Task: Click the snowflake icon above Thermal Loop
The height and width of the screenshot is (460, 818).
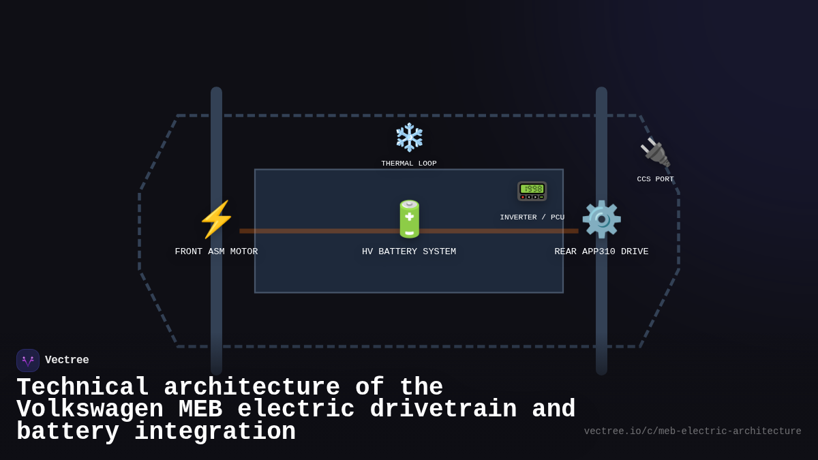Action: tap(409, 137)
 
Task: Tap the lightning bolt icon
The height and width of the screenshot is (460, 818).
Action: tap(216, 219)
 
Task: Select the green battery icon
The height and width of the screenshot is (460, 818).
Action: tap(409, 219)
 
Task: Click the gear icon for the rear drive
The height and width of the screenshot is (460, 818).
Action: tap(601, 219)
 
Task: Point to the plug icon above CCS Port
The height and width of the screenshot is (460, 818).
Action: tap(655, 153)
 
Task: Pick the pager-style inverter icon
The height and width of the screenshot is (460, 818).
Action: tap(532, 191)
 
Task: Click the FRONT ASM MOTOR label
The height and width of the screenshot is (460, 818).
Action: tap(216, 252)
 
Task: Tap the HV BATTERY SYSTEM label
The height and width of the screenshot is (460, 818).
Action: tap(409, 252)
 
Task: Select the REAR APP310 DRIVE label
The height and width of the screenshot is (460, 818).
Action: tap(601, 252)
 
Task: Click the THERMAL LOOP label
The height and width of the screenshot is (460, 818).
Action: tap(409, 164)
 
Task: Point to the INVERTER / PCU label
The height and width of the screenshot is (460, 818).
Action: tap(532, 217)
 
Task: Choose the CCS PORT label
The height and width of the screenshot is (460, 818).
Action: tap(655, 179)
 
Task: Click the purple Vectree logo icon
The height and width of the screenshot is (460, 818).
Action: tap(28, 361)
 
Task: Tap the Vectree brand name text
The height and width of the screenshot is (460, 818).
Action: tap(67, 361)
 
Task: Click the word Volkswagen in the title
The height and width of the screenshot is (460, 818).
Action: tap(90, 410)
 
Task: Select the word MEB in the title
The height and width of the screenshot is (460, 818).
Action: tap(200, 410)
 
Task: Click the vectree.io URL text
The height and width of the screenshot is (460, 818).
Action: tap(693, 431)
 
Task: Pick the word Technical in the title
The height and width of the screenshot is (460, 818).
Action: tap(82, 388)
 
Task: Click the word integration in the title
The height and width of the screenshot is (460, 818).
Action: tap(215, 432)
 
